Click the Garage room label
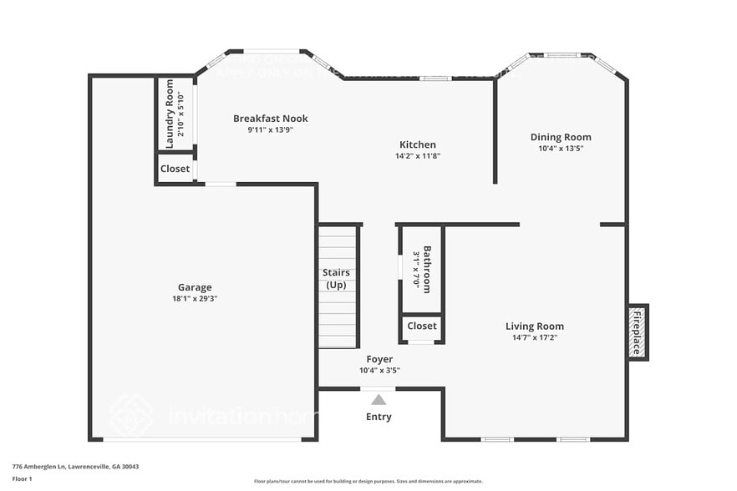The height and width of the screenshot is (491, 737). [194, 287]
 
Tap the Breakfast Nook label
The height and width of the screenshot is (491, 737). [270, 119]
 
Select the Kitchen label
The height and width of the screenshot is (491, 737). [417, 144]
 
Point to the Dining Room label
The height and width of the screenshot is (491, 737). [560, 137]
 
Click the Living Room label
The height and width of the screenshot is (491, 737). [534, 326]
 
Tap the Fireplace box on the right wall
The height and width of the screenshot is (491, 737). [638, 332]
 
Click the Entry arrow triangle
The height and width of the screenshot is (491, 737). [379, 399]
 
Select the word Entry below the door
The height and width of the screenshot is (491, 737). [379, 417]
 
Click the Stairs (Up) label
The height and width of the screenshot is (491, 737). [336, 279]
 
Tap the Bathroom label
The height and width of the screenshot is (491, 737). [427, 269]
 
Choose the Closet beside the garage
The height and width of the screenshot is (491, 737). [175, 169]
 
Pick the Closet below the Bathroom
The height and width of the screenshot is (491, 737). [422, 326]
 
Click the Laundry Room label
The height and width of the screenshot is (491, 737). [170, 114]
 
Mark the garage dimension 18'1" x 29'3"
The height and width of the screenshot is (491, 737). [194, 299]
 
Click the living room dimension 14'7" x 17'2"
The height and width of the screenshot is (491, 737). [534, 338]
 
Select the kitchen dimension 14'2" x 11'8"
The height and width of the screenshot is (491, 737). [417, 156]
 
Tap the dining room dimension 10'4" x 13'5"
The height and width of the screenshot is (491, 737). [560, 149]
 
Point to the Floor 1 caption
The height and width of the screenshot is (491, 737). [22, 478]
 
